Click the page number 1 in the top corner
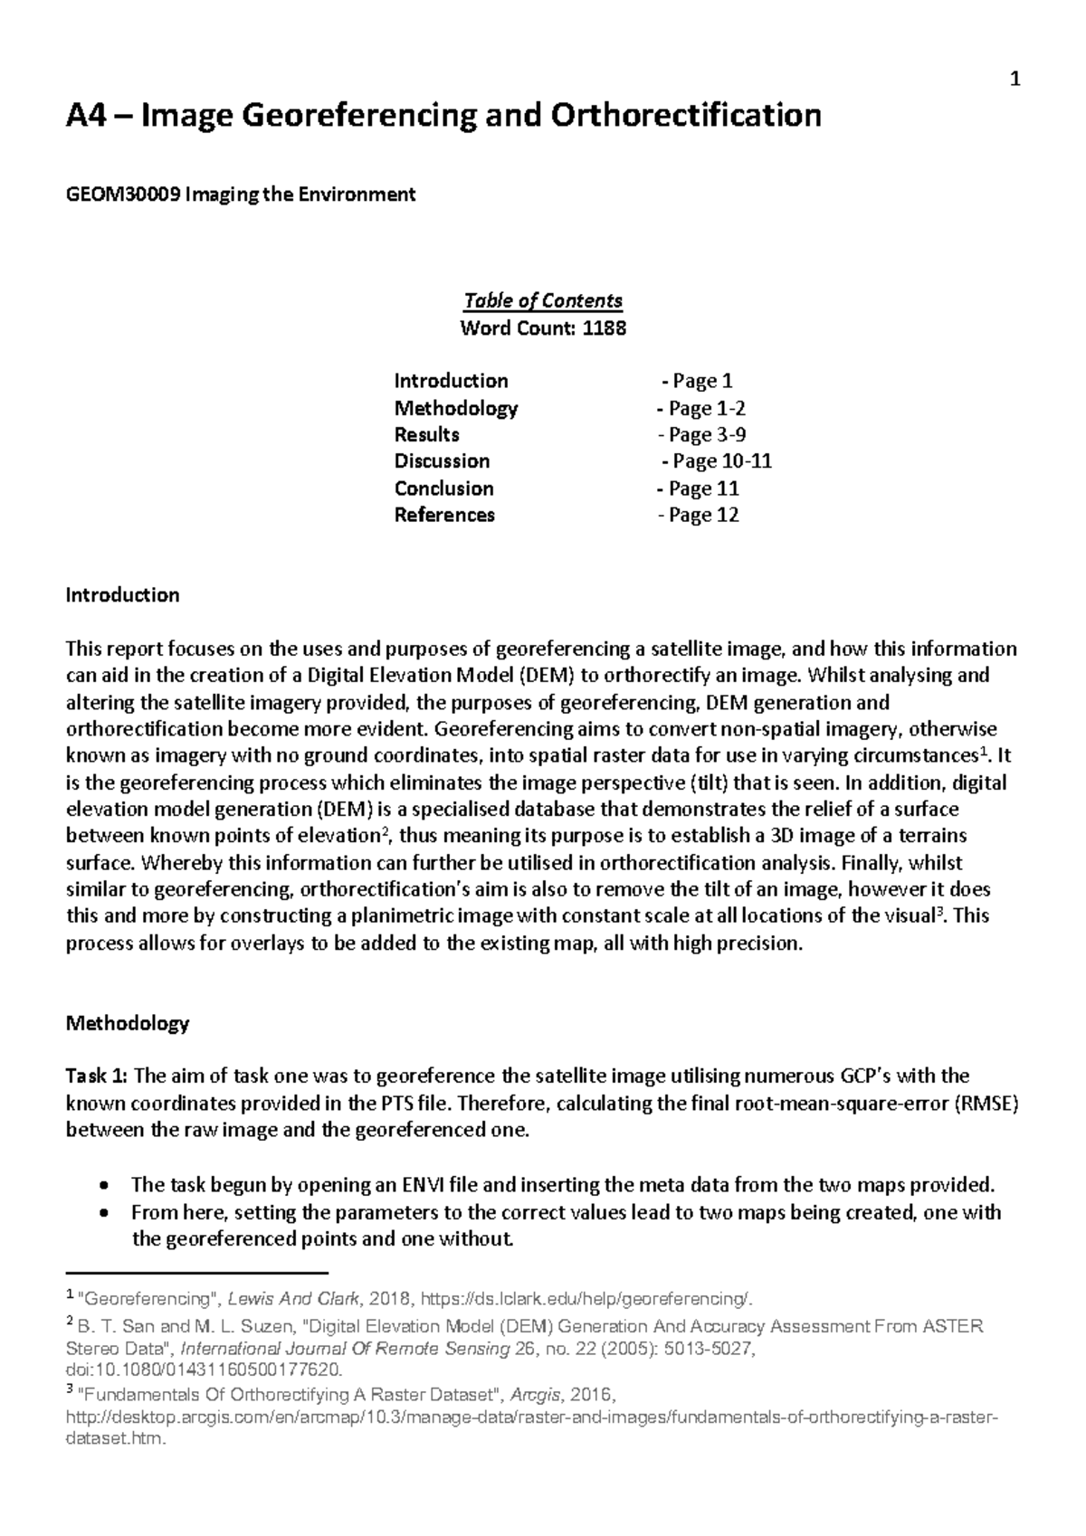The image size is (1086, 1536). [x=1015, y=81]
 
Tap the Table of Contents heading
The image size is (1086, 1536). [x=542, y=300]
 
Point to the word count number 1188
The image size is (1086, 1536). [x=604, y=327]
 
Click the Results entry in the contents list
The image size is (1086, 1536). [x=426, y=434]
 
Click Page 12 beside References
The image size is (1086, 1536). [x=703, y=516]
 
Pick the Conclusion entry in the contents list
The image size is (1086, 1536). [x=443, y=488]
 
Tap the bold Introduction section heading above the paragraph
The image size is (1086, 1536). [x=122, y=595]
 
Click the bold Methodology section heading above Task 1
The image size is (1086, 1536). [x=127, y=1024]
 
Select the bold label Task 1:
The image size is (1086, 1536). [x=98, y=1076]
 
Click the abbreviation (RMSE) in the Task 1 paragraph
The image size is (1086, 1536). [x=986, y=1104]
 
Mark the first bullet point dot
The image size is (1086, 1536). [x=108, y=1186]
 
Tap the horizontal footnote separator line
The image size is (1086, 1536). [x=197, y=1272]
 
